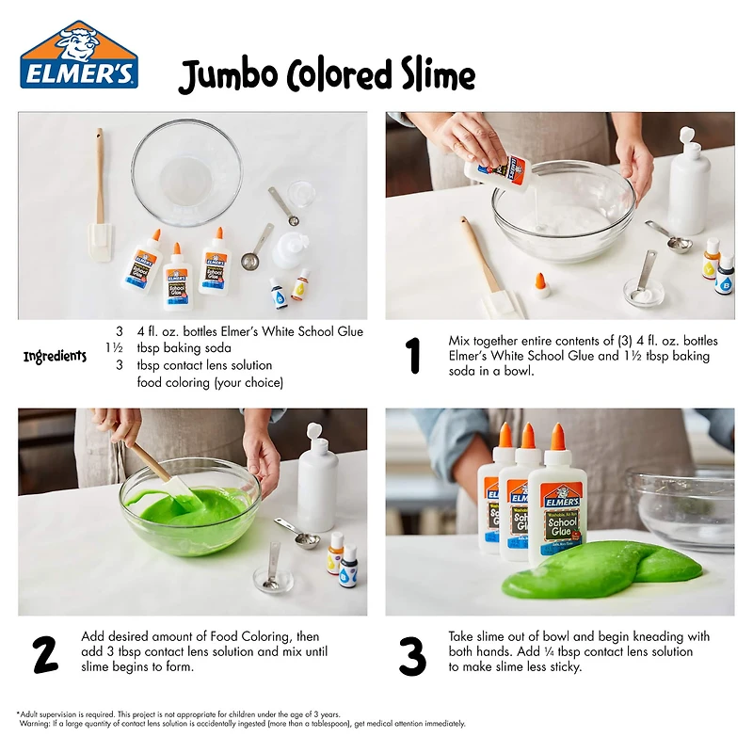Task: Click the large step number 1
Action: (x=412, y=356)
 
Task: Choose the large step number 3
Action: (x=412, y=655)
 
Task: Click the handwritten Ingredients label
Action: (x=55, y=357)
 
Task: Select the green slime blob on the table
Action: (x=602, y=569)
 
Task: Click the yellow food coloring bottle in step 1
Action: (x=711, y=260)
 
